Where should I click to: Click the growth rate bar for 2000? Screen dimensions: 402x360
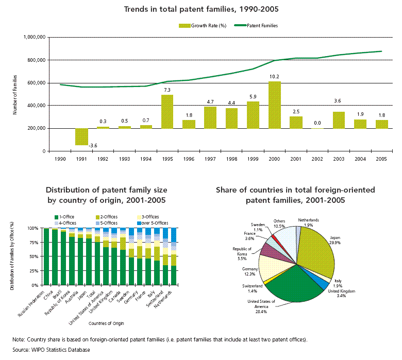[275, 105]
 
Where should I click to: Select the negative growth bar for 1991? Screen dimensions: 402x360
[81, 137]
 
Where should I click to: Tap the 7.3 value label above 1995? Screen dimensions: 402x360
[167, 90]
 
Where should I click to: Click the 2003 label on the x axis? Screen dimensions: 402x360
[339, 159]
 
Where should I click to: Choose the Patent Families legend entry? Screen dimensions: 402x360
[256, 26]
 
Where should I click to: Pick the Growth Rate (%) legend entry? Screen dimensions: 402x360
[203, 26]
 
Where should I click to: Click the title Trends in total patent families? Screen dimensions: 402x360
[201, 9]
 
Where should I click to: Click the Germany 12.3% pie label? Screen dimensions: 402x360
[250, 271]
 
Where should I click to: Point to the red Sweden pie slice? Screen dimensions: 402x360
[274, 237]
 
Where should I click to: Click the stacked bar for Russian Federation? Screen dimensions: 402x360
[46, 256]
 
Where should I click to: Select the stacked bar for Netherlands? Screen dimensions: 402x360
[174, 256]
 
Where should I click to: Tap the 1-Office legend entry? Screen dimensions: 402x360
[64, 217]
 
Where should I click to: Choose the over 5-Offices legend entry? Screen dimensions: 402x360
[153, 223]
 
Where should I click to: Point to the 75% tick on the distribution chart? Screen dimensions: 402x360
[34, 243]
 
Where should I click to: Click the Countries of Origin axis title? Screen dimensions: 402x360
[106, 323]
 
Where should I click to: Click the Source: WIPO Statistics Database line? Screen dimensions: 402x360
[51, 350]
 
